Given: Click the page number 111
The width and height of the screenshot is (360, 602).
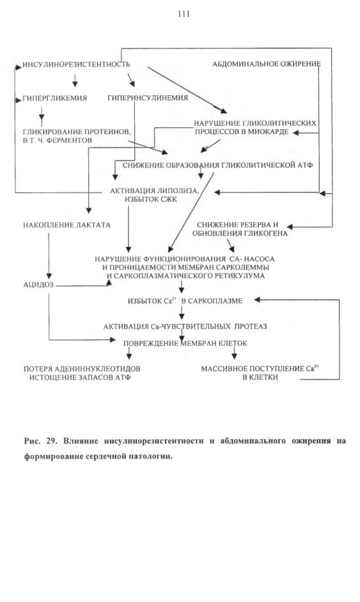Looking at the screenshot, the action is click(x=184, y=14).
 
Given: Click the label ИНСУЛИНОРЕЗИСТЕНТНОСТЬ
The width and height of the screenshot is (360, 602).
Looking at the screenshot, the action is click(x=76, y=65).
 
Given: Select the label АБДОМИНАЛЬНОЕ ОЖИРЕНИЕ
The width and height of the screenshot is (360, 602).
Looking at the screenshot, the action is click(x=267, y=64).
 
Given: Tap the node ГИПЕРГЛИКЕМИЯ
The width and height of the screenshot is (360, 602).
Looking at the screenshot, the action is click(x=55, y=98).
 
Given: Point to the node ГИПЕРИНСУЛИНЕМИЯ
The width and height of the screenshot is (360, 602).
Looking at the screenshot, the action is click(x=148, y=98).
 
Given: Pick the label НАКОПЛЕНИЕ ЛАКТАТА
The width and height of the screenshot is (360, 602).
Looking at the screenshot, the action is click(x=67, y=226).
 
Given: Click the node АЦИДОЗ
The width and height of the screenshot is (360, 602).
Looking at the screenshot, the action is click(x=38, y=285).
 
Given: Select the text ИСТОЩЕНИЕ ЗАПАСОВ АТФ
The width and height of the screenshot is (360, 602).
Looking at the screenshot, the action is click(x=81, y=378).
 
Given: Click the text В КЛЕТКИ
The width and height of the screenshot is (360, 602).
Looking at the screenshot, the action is click(x=260, y=378).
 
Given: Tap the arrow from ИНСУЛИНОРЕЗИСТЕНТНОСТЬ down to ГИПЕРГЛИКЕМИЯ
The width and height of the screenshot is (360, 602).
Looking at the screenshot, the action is click(x=75, y=79).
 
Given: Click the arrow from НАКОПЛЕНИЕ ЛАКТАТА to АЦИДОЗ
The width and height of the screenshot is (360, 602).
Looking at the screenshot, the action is click(x=49, y=256).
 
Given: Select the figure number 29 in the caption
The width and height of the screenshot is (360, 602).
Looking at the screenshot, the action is click(x=52, y=441).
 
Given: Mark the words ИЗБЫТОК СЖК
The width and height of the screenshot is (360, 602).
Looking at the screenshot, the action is click(x=151, y=199).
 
